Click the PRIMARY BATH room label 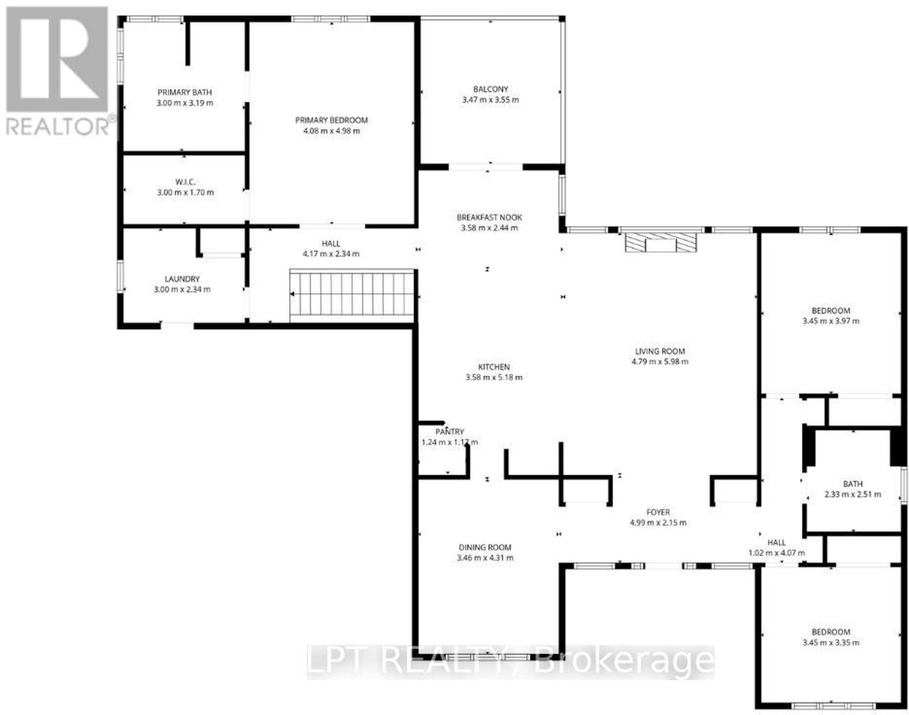(x=185, y=92)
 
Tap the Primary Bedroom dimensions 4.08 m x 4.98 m (x=332, y=131)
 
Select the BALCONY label (x=490, y=89)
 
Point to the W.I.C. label (x=185, y=182)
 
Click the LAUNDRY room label (x=182, y=279)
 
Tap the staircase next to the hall (x=352, y=293)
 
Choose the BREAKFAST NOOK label (x=489, y=217)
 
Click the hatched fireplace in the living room (x=661, y=242)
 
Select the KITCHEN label (x=494, y=367)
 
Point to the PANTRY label (x=449, y=431)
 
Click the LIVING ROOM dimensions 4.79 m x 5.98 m (x=660, y=361)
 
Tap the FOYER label (x=658, y=512)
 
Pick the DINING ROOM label (x=485, y=547)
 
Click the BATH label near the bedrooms (x=853, y=484)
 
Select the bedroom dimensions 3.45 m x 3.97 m (x=831, y=321)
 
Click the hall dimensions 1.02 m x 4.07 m (x=777, y=552)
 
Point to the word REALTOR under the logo (x=59, y=126)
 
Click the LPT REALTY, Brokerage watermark (x=510, y=662)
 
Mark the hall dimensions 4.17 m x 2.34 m (x=331, y=254)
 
